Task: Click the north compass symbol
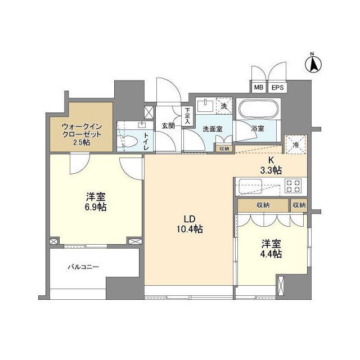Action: [312, 62]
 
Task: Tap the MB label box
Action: [258, 88]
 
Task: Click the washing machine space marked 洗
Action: [223, 106]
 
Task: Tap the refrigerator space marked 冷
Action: [296, 144]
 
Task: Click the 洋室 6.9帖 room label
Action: [96, 201]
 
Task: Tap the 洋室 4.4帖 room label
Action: [271, 249]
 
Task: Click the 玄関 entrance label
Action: [168, 125]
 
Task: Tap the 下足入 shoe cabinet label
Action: [187, 115]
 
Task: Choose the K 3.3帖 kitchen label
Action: [271, 165]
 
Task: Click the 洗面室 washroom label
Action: [213, 129]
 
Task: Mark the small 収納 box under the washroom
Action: [223, 148]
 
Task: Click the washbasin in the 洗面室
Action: [206, 106]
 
